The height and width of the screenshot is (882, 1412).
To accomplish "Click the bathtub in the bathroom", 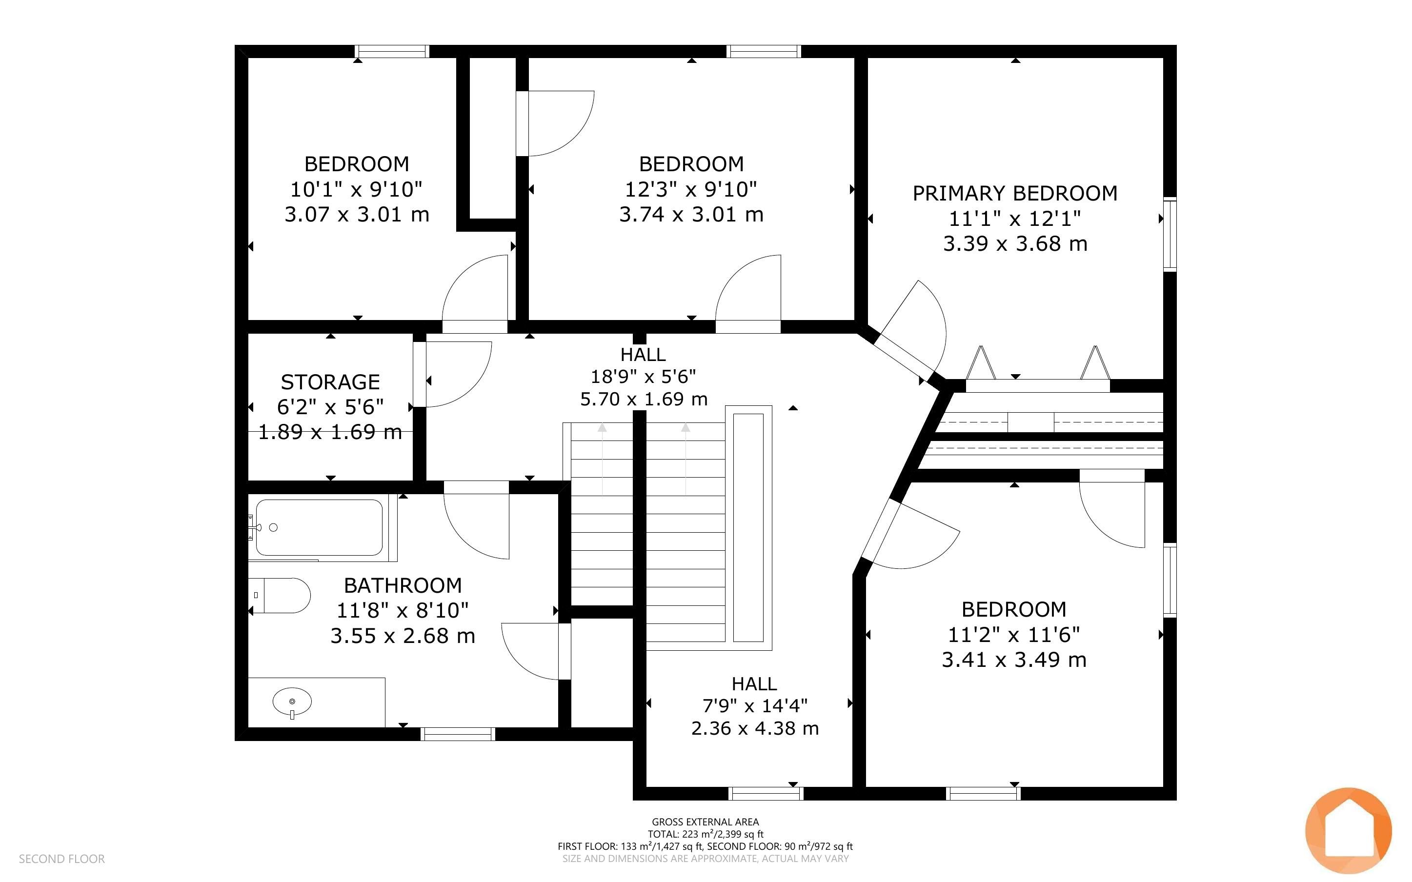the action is coord(319,527).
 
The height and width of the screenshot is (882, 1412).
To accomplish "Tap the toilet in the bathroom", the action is coord(280,596).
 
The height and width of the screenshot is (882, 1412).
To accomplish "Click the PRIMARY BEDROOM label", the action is coord(1015,193).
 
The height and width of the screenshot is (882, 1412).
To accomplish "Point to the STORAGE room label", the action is coord(330,382).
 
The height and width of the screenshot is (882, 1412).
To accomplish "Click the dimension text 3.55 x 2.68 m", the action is coord(403,635).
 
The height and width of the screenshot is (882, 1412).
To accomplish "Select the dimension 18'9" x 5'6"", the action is coord(643,377).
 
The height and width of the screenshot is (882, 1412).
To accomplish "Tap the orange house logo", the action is coord(1349,830).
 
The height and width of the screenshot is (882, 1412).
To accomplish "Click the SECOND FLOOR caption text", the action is coord(62,859).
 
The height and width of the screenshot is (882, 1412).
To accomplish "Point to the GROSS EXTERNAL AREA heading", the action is coord(705,822).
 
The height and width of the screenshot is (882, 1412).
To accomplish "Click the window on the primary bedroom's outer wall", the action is coord(1170,235).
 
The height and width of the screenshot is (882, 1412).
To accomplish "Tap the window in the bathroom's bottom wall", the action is coord(458,734).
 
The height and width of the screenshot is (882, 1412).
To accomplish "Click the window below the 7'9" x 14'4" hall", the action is coord(766,793).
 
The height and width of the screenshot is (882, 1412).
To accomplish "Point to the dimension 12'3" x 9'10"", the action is coord(691,189).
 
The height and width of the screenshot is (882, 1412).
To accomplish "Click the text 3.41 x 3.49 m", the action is coord(1014,660).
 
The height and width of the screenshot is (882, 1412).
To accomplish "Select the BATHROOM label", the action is coord(403,585).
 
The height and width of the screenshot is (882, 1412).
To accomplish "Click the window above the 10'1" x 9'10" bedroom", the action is coord(392,51).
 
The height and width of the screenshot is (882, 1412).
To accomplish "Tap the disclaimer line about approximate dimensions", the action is coord(706,859).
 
